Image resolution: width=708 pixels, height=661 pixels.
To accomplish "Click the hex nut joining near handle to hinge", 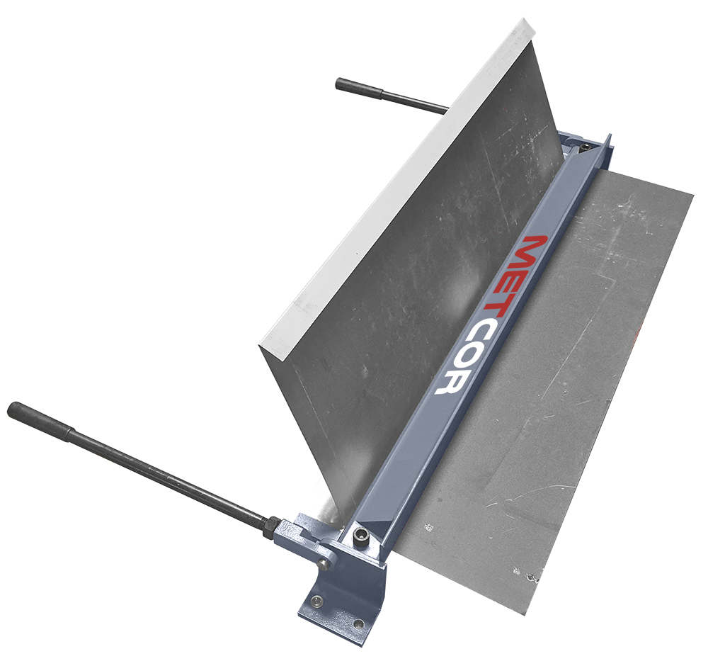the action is click(x=271, y=529).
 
